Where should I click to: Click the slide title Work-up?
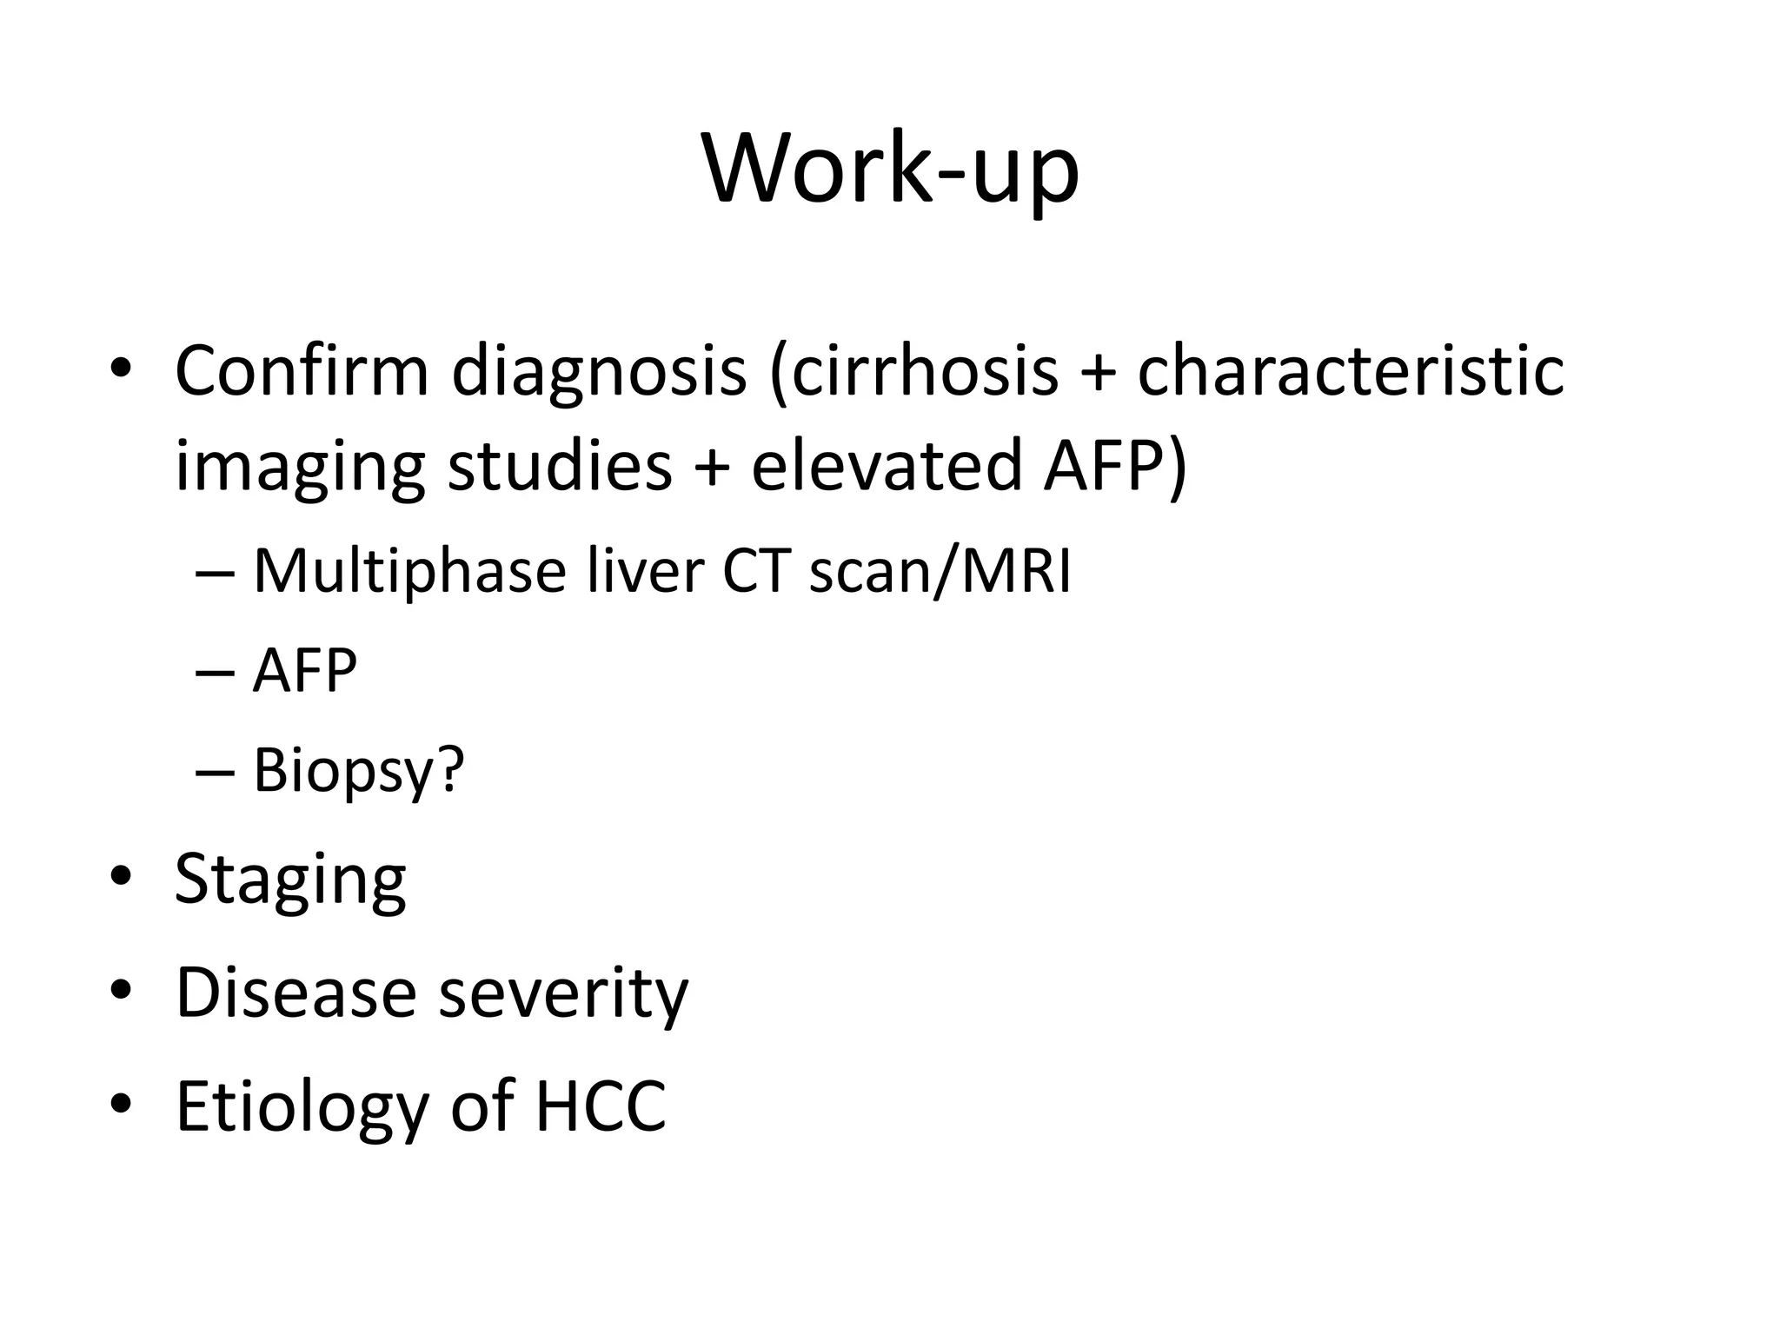[890, 169]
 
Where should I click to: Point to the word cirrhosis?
[913, 372]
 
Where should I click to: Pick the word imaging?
[300, 468]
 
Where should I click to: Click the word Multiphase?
[409, 573]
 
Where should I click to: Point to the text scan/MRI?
[940, 573]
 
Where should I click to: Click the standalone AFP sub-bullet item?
[304, 671]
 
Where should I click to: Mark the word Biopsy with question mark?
[359, 770]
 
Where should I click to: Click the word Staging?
[290, 880]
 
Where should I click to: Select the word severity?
[563, 993]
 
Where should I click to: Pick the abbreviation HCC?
[601, 1106]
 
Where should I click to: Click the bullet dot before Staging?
[121, 876]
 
